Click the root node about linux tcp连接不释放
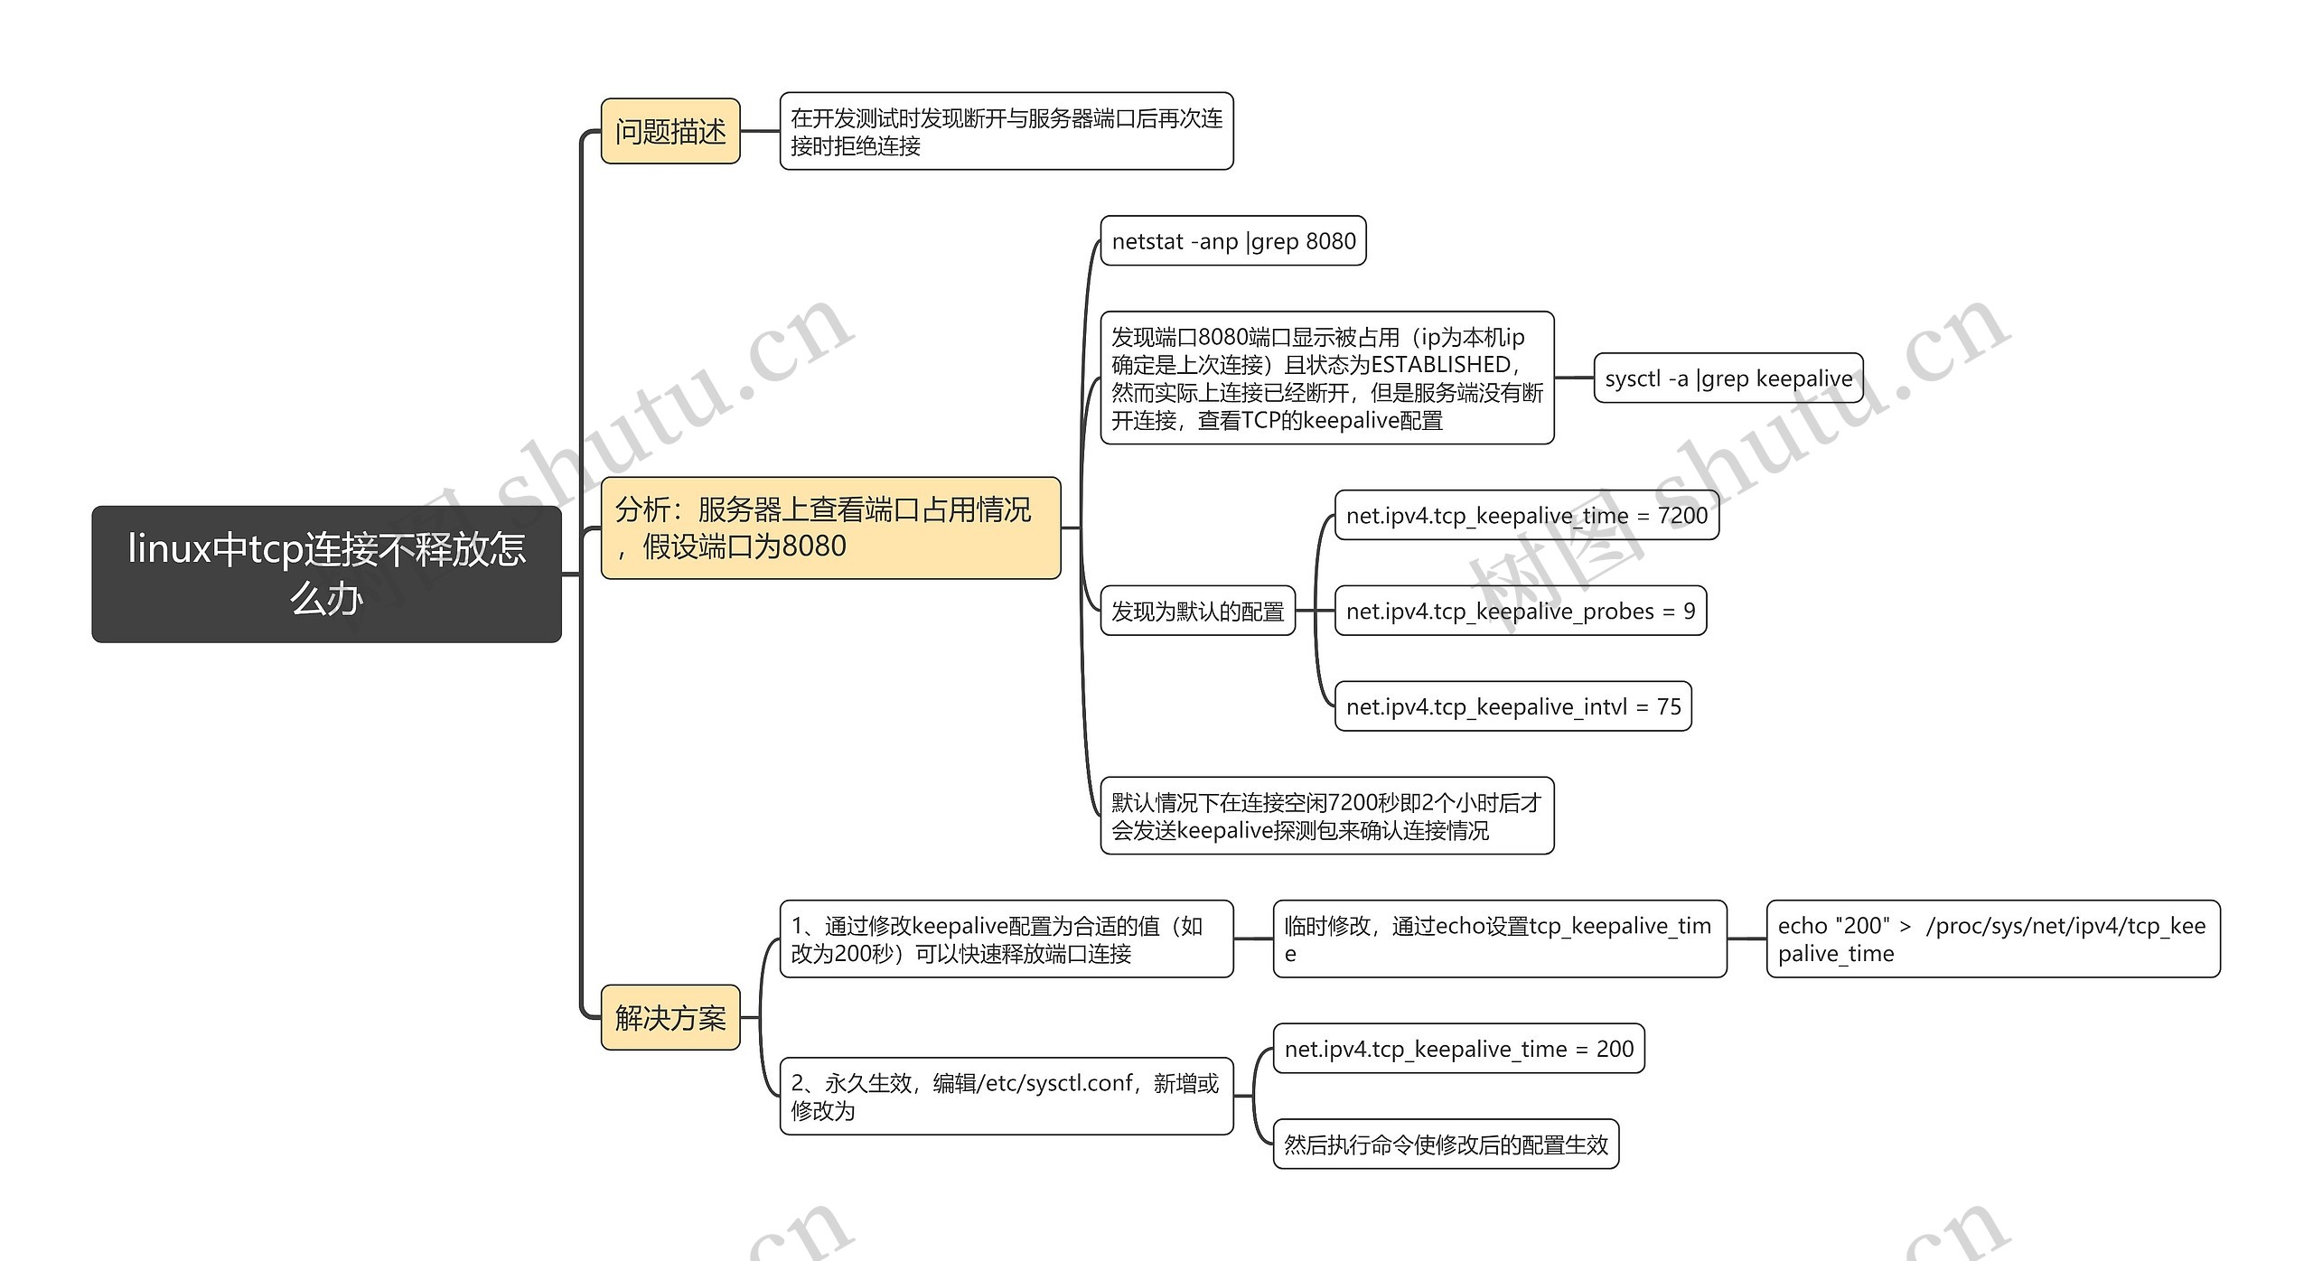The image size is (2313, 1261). click(x=326, y=574)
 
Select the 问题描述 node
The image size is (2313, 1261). click(x=670, y=132)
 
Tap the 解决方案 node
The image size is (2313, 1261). click(x=670, y=1018)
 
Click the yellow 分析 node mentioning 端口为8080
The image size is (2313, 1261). click(x=829, y=528)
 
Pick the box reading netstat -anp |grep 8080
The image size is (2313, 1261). click(x=1232, y=241)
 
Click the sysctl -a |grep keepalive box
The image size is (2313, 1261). click(x=1728, y=378)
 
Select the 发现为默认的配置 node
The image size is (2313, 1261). click(x=1197, y=612)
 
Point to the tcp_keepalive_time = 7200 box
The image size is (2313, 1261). click(x=1526, y=516)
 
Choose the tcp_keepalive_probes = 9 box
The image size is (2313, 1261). click(x=1520, y=612)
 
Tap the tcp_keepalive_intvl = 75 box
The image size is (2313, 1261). click(x=1512, y=706)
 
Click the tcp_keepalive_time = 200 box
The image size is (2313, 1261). click(x=1458, y=1049)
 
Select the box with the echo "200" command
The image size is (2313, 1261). click(x=1992, y=939)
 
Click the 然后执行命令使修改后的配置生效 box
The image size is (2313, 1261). click(x=1446, y=1144)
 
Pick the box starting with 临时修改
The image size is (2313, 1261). click(x=1499, y=939)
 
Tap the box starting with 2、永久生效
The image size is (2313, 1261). click(x=1006, y=1097)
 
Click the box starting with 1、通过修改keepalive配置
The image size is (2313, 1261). click(x=1006, y=939)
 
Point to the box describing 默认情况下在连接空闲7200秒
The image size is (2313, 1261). click(x=1326, y=816)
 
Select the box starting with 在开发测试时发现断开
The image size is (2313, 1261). click(x=1006, y=132)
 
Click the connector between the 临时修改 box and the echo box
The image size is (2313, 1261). click(x=1746, y=939)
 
